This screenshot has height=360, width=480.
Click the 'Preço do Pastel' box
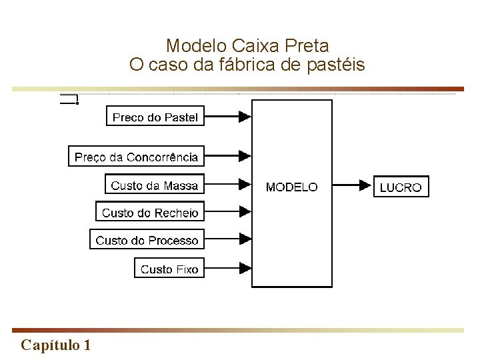(155, 117)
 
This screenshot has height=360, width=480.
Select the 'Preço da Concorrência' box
(136, 157)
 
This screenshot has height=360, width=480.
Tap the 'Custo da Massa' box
(155, 185)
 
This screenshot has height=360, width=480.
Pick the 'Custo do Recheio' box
(150, 213)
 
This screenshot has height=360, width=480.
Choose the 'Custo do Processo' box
(147, 240)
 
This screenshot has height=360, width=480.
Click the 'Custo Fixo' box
(169, 269)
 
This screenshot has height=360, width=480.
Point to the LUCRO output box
(401, 187)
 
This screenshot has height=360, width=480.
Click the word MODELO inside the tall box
(291, 187)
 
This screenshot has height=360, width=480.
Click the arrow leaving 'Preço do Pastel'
(227, 117)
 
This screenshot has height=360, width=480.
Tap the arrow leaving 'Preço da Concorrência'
(227, 157)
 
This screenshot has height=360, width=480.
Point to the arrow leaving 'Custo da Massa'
(227, 185)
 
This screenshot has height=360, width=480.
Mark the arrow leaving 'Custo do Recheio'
(227, 211)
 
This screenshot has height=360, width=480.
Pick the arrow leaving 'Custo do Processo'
(227, 238)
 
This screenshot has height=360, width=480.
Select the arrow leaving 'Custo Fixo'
(227, 268)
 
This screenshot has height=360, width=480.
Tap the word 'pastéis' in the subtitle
(339, 65)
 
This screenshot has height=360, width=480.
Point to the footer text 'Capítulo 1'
(56, 345)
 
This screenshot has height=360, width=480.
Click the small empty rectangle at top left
(69, 100)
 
